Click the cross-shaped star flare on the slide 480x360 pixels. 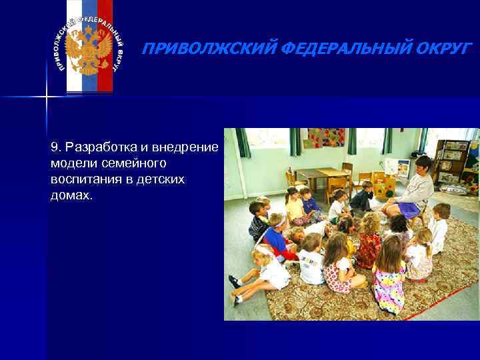click(47, 97)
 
